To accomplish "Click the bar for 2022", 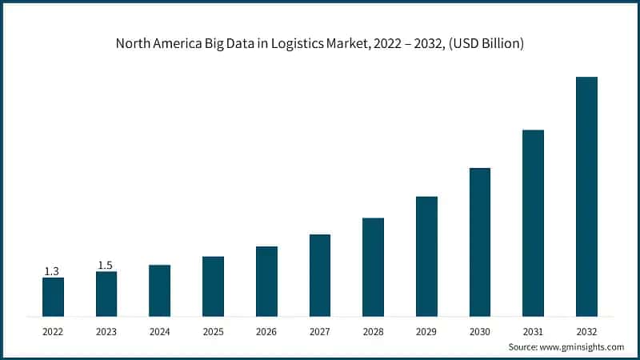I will (x=53, y=296).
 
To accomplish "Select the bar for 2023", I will (x=106, y=294).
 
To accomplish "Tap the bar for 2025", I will (x=213, y=286).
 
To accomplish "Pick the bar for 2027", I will (x=320, y=274).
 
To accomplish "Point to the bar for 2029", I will (x=426, y=256).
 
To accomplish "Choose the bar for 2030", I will (x=480, y=242).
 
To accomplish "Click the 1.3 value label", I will (x=51, y=271).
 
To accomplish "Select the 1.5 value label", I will (x=106, y=265).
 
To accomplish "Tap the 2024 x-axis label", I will (x=159, y=330).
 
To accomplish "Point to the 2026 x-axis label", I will (x=266, y=330).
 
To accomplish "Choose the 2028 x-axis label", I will (x=373, y=330).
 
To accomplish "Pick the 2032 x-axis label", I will (x=586, y=330).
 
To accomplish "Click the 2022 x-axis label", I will (x=53, y=330).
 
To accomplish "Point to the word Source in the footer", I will (x=525, y=347).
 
